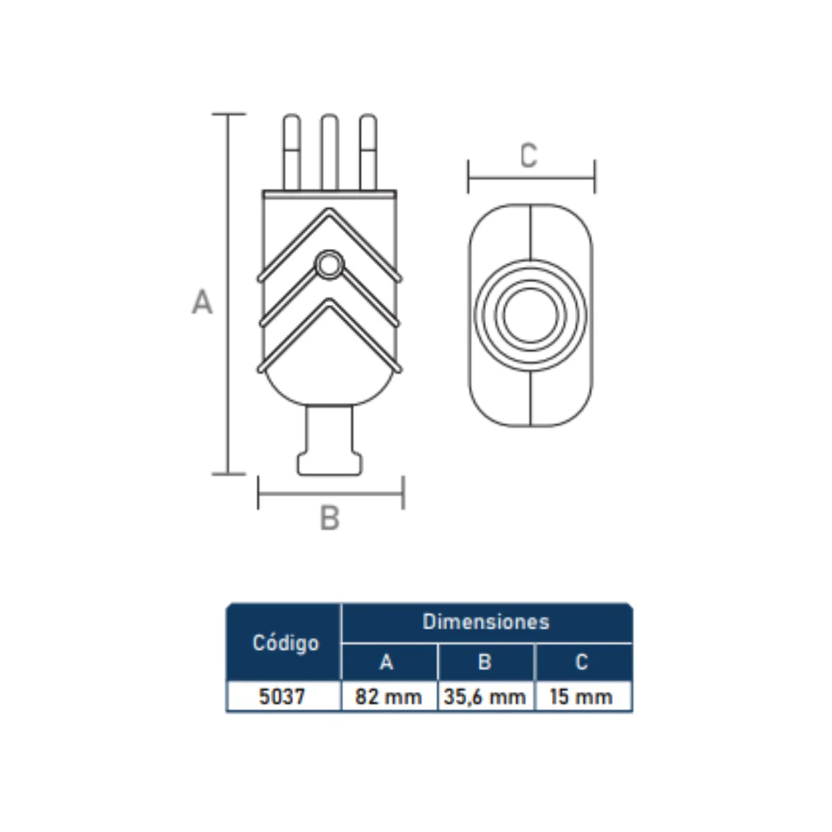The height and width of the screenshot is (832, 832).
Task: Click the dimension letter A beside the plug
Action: pyautogui.click(x=202, y=302)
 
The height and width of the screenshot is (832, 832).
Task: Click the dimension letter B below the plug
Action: pyautogui.click(x=329, y=518)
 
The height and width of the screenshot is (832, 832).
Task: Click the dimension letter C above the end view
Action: pyautogui.click(x=529, y=155)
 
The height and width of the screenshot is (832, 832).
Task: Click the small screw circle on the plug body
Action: pyautogui.click(x=329, y=265)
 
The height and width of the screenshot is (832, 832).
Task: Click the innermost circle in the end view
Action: pyautogui.click(x=530, y=315)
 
